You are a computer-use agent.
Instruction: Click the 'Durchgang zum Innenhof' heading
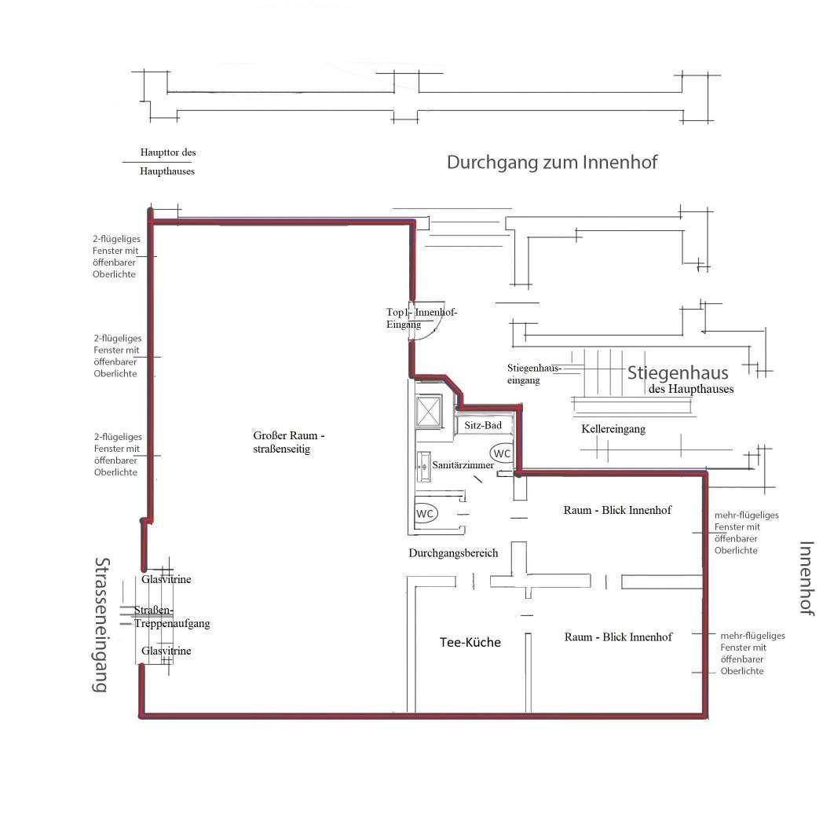(551, 163)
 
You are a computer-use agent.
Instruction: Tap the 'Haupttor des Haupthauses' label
(167, 161)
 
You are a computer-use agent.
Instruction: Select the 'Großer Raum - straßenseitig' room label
(288, 442)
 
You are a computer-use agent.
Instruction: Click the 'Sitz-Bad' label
(484, 425)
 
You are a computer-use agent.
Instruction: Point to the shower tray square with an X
(430, 411)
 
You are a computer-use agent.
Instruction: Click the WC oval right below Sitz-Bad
(502, 453)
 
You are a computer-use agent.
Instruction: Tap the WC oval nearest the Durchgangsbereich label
(426, 513)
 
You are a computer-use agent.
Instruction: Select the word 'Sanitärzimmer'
(463, 465)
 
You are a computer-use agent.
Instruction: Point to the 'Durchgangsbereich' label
(453, 553)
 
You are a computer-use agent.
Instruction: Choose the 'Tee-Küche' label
(470, 643)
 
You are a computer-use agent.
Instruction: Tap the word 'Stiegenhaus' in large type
(678, 372)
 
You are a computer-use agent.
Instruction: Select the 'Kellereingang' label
(613, 429)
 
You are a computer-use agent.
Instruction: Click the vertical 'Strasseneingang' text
(101, 625)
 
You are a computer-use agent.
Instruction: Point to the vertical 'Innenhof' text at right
(806, 578)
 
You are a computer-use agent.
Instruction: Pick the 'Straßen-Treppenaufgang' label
(171, 617)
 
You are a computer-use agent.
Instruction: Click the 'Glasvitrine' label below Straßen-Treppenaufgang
(166, 651)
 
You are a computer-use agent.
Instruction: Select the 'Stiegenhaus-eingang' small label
(534, 374)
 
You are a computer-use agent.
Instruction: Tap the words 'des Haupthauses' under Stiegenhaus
(691, 389)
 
